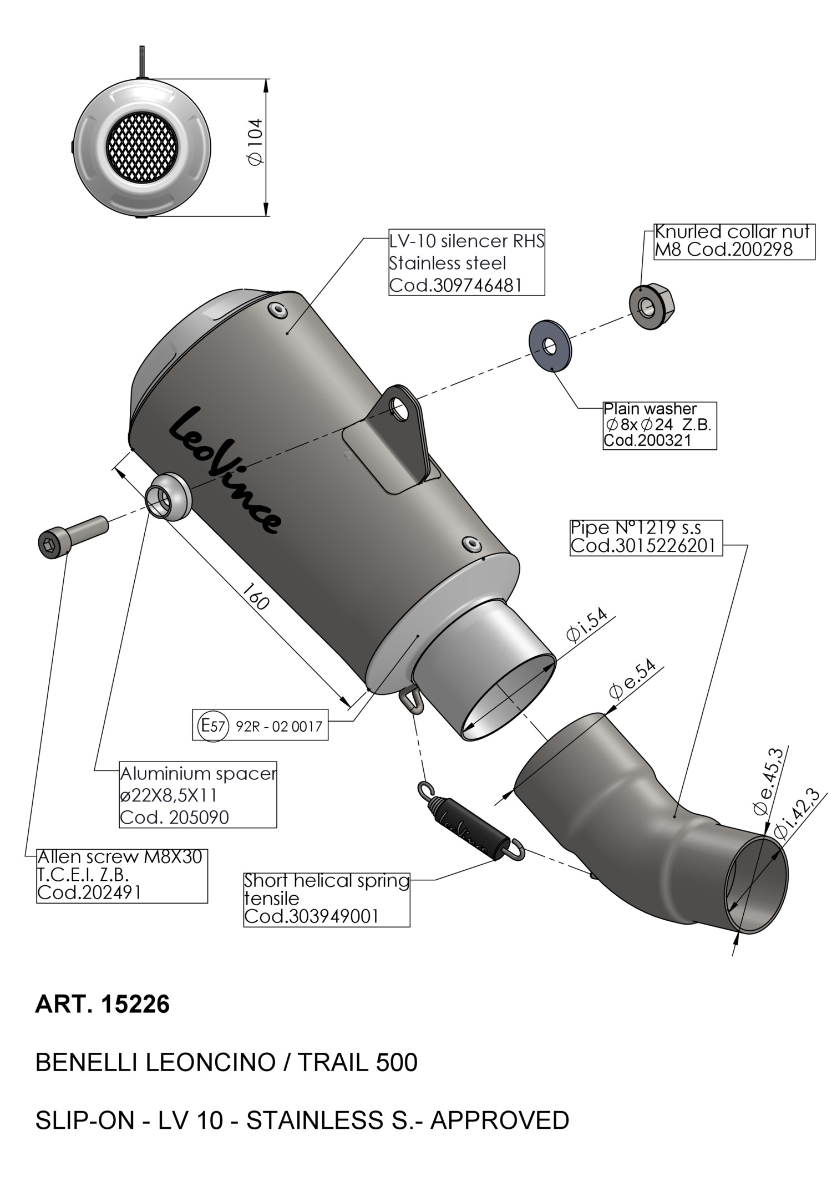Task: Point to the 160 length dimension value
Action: coord(256,595)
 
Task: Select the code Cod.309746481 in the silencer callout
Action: coord(455,285)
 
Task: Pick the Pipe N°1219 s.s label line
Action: coord(636,528)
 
